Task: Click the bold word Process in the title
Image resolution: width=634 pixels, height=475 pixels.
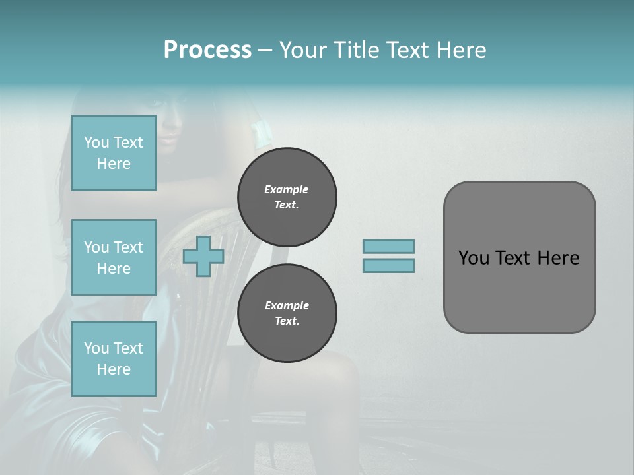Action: click(207, 50)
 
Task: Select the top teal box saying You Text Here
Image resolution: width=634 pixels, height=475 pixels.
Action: click(114, 153)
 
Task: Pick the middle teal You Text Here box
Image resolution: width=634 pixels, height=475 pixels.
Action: click(114, 257)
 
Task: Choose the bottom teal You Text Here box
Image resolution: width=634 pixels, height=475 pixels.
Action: click(114, 358)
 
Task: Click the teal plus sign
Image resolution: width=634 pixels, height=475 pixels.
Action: click(203, 256)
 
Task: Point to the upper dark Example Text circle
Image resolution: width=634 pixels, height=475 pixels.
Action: click(287, 197)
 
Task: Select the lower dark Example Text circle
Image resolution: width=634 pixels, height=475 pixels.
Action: click(287, 313)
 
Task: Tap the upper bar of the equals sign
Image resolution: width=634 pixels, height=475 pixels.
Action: click(389, 246)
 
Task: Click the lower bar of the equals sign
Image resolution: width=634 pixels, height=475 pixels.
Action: click(389, 265)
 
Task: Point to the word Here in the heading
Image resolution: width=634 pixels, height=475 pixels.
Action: click(460, 50)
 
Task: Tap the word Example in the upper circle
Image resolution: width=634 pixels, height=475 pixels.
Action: click(286, 189)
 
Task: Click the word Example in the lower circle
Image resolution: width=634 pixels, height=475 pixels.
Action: click(287, 305)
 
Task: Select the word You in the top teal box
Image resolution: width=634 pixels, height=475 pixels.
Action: click(96, 142)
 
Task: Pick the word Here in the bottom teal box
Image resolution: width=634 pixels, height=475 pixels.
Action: click(114, 369)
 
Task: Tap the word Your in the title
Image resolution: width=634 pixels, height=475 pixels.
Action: click(301, 50)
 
